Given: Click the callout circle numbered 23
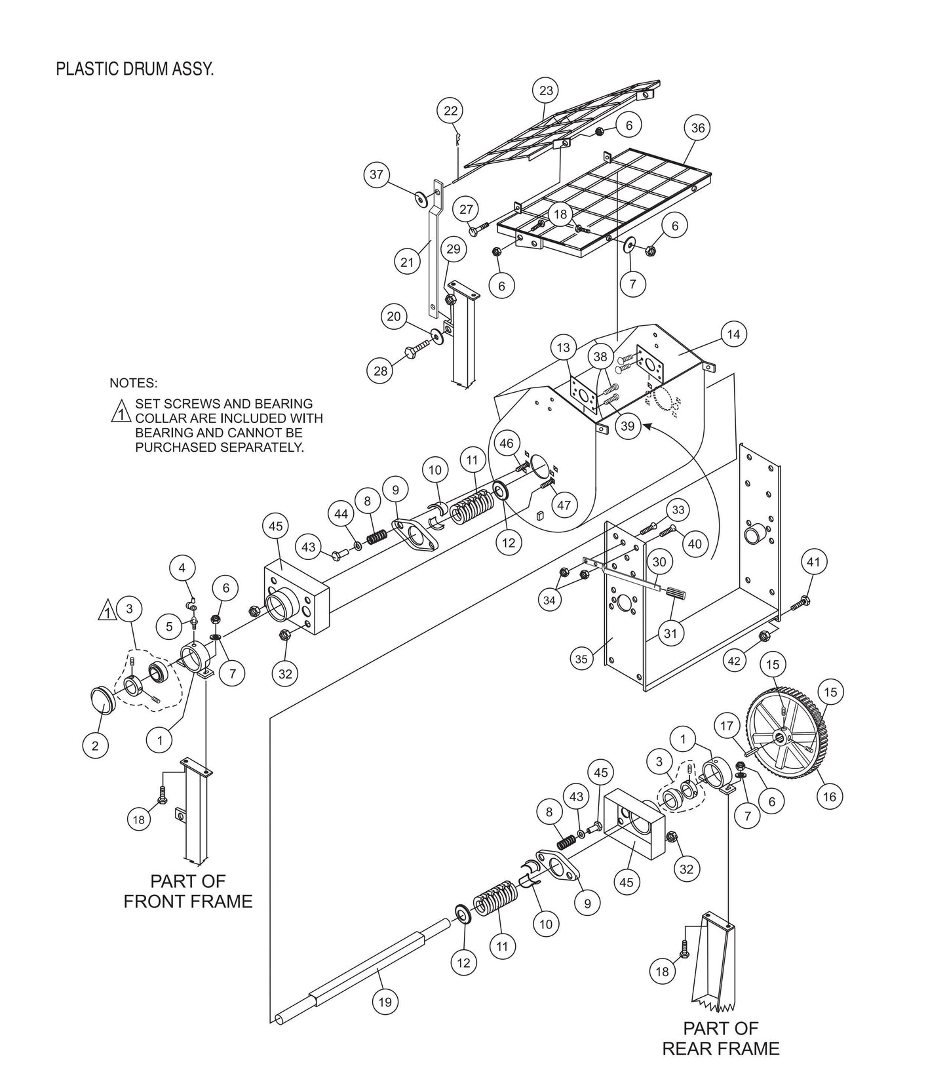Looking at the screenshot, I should pos(547,91).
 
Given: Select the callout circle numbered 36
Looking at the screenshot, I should pos(698,128).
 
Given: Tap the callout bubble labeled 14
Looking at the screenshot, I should pos(733,335).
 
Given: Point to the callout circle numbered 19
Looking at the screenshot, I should pos(385,1002).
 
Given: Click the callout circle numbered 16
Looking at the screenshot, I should pos(829,797).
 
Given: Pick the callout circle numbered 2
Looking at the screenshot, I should pos(96,745).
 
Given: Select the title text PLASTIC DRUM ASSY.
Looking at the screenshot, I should pos(134,69).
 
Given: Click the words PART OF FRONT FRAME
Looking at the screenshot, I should pos(188,891).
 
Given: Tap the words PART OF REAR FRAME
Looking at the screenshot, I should pos(720,1038).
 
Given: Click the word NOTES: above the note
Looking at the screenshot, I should pos(133,383).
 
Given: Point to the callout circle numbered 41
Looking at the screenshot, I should pos(813,562).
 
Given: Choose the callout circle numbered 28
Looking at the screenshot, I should pos(380,371).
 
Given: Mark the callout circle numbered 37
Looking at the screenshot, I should pos(376,175).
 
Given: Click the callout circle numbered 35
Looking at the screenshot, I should pos(582,660).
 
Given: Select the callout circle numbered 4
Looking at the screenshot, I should pos(183,567).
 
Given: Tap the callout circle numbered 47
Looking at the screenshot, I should pos(563,505).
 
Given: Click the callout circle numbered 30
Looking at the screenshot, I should pos(659,562).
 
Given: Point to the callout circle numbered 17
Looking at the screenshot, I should pos(727,726).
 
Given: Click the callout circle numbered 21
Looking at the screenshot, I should pos(408,262).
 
